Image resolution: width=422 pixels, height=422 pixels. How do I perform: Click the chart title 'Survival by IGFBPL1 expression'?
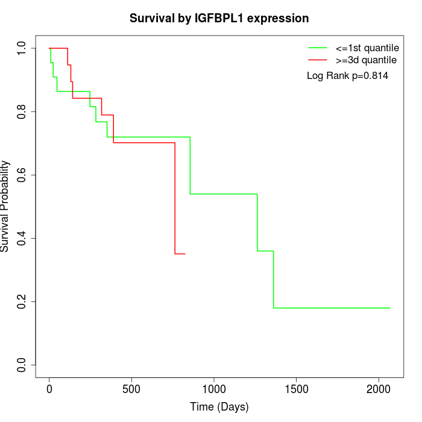(219, 18)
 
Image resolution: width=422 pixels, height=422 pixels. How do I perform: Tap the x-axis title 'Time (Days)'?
(219, 407)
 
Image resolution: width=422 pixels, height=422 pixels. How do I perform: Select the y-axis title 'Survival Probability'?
(5, 206)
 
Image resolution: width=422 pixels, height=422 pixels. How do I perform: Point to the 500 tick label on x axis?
(131, 388)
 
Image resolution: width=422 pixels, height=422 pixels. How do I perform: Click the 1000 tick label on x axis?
(214, 388)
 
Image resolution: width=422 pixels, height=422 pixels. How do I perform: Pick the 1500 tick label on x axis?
(296, 388)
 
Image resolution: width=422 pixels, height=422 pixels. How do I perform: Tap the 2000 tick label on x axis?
(379, 388)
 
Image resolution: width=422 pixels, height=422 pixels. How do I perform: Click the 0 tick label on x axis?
(49, 388)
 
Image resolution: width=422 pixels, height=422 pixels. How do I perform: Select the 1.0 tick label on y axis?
(22, 48)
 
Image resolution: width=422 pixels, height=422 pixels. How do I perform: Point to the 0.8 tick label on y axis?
(22, 112)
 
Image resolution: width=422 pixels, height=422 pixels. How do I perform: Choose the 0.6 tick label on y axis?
(22, 175)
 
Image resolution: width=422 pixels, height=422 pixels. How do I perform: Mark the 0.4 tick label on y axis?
(22, 238)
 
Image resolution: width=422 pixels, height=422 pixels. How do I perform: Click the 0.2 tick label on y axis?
(22, 301)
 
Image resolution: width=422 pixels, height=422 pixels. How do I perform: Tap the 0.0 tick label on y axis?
(22, 365)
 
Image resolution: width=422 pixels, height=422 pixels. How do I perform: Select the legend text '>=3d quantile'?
(365, 60)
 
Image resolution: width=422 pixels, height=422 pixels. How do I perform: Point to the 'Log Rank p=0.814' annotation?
(347, 75)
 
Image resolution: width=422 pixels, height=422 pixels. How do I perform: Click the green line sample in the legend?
(318, 47)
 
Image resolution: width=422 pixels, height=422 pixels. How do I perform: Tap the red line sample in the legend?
(318, 60)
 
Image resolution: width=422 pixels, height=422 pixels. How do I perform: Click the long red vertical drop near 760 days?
(175, 199)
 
